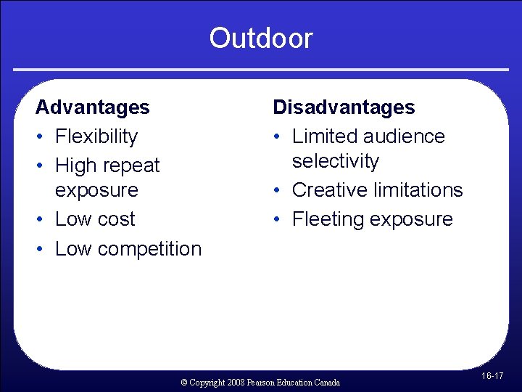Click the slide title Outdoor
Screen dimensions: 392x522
click(261, 38)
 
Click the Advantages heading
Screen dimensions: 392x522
click(92, 107)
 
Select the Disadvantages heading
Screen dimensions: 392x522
click(344, 107)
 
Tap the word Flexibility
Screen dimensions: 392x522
click(96, 136)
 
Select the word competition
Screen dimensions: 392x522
click(149, 249)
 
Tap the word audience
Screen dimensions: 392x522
click(405, 136)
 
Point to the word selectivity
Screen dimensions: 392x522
click(335, 161)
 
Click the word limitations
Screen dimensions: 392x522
click(418, 190)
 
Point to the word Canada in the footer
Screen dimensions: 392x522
click(326, 382)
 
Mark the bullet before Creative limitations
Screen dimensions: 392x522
click(278, 190)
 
